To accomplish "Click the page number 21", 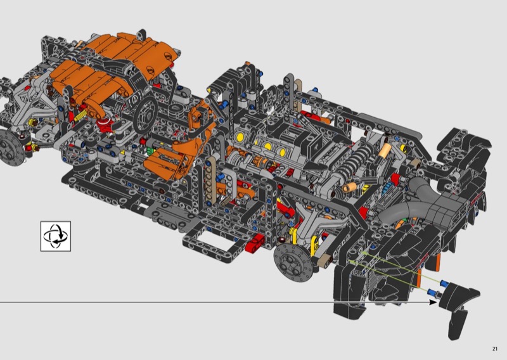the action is [495, 349].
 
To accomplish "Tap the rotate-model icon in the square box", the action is [56, 236].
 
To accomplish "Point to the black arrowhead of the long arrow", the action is [433, 302].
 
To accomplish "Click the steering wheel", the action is [146, 115].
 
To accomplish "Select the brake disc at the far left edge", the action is [11, 148].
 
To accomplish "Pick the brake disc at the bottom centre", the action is [293, 262].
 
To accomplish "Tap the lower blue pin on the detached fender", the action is [433, 293].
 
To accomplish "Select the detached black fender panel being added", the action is [458, 308].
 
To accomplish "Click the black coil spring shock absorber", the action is [355, 161].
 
